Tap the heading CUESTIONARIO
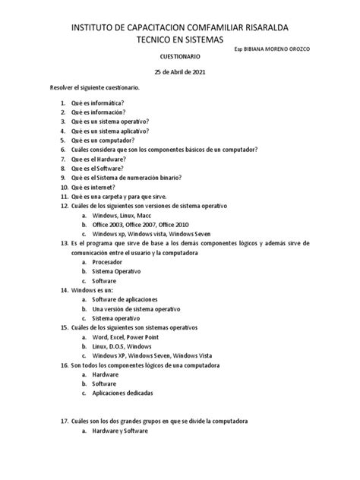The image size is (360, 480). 179,57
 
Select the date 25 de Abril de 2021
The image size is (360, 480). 179,74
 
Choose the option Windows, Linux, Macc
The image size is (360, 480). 122,215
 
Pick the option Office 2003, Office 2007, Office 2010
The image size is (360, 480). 141,224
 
